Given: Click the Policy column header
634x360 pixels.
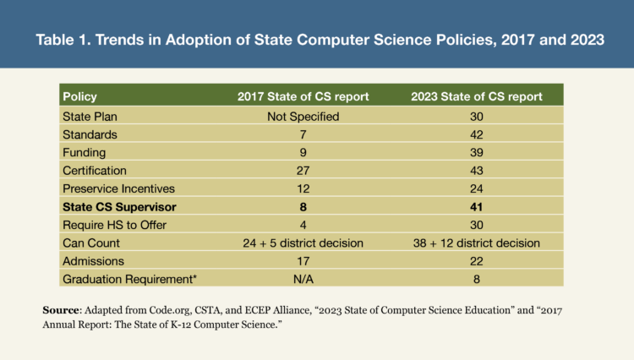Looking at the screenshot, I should pyautogui.click(x=81, y=95).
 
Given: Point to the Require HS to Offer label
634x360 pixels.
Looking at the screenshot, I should pyautogui.click(x=114, y=226).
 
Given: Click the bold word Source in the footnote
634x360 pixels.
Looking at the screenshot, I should pyautogui.click(x=63, y=310).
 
